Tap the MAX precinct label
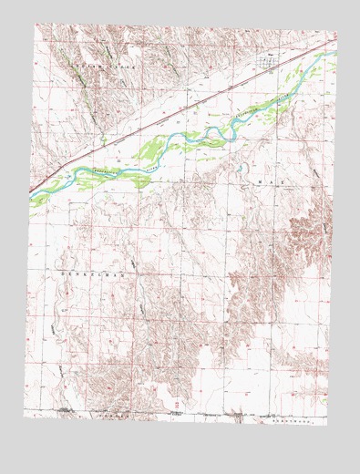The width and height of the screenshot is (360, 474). pyautogui.click(x=263, y=182)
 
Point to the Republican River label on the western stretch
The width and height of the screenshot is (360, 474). pyautogui.click(x=114, y=170)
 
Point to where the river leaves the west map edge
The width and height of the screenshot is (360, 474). pyautogui.click(x=31, y=194)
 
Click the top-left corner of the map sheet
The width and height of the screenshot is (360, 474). pyautogui.click(x=36, y=25)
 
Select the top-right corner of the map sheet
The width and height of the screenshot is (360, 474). pyautogui.click(x=336, y=35)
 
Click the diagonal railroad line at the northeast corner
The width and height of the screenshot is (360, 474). pyautogui.click(x=310, y=49)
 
